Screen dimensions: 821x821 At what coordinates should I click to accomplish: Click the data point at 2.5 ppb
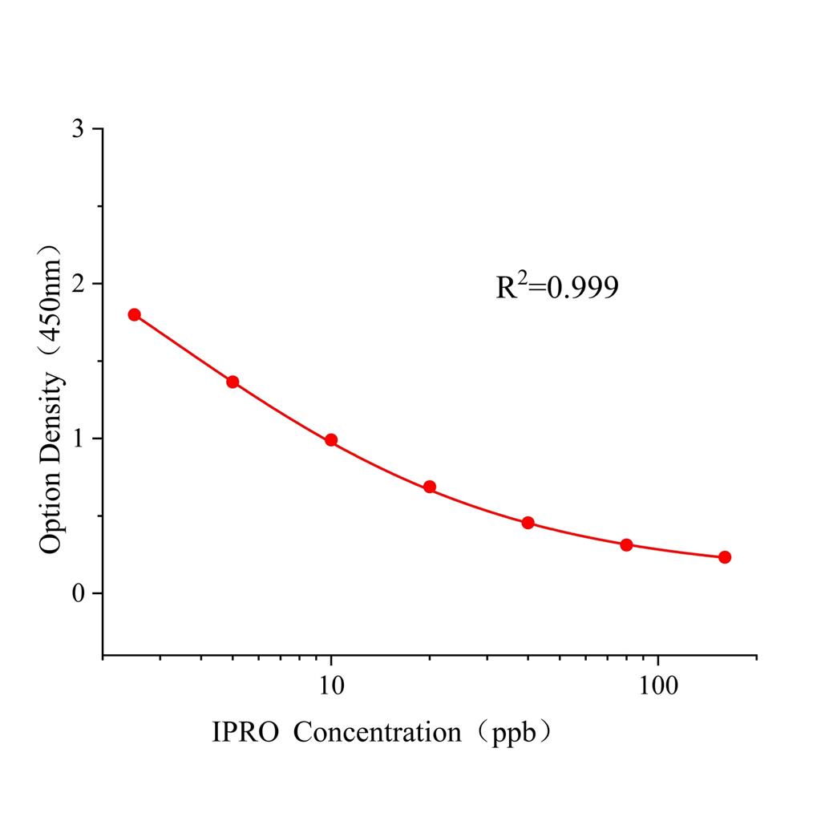click(134, 314)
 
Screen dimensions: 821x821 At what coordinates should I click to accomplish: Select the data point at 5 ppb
click(233, 382)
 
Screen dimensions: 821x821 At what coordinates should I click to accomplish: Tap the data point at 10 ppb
click(331, 440)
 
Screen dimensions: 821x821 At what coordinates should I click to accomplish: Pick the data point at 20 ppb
click(430, 487)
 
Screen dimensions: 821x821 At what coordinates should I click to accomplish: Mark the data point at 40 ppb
click(528, 523)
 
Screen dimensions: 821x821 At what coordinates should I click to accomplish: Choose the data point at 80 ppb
click(626, 545)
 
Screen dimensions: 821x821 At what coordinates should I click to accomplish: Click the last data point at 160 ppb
click(725, 557)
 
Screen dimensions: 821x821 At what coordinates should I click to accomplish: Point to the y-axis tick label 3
click(77, 129)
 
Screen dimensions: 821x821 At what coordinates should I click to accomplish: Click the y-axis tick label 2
click(77, 284)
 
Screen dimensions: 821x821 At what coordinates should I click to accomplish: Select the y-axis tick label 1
click(77, 439)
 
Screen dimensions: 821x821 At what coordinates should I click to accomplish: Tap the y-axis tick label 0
click(77, 593)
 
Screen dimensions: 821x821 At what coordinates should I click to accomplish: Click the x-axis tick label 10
click(331, 687)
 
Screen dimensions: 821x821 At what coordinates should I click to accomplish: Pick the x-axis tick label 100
click(658, 687)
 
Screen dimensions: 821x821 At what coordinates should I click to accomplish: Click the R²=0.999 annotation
click(557, 286)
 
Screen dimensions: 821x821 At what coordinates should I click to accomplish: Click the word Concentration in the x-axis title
click(377, 732)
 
